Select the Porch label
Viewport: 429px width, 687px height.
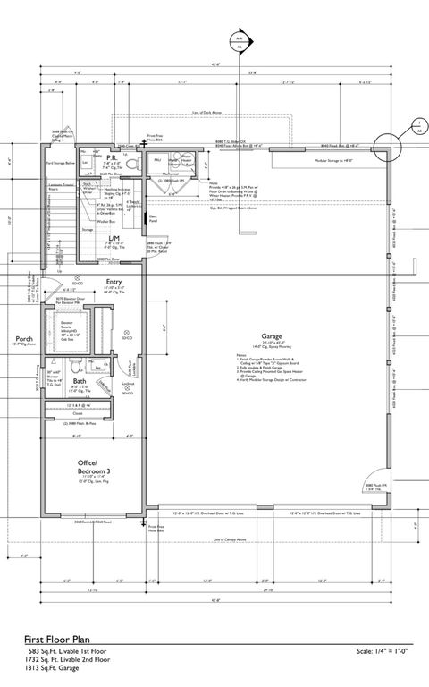(x=23, y=340)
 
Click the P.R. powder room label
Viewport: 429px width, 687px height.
(x=113, y=157)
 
